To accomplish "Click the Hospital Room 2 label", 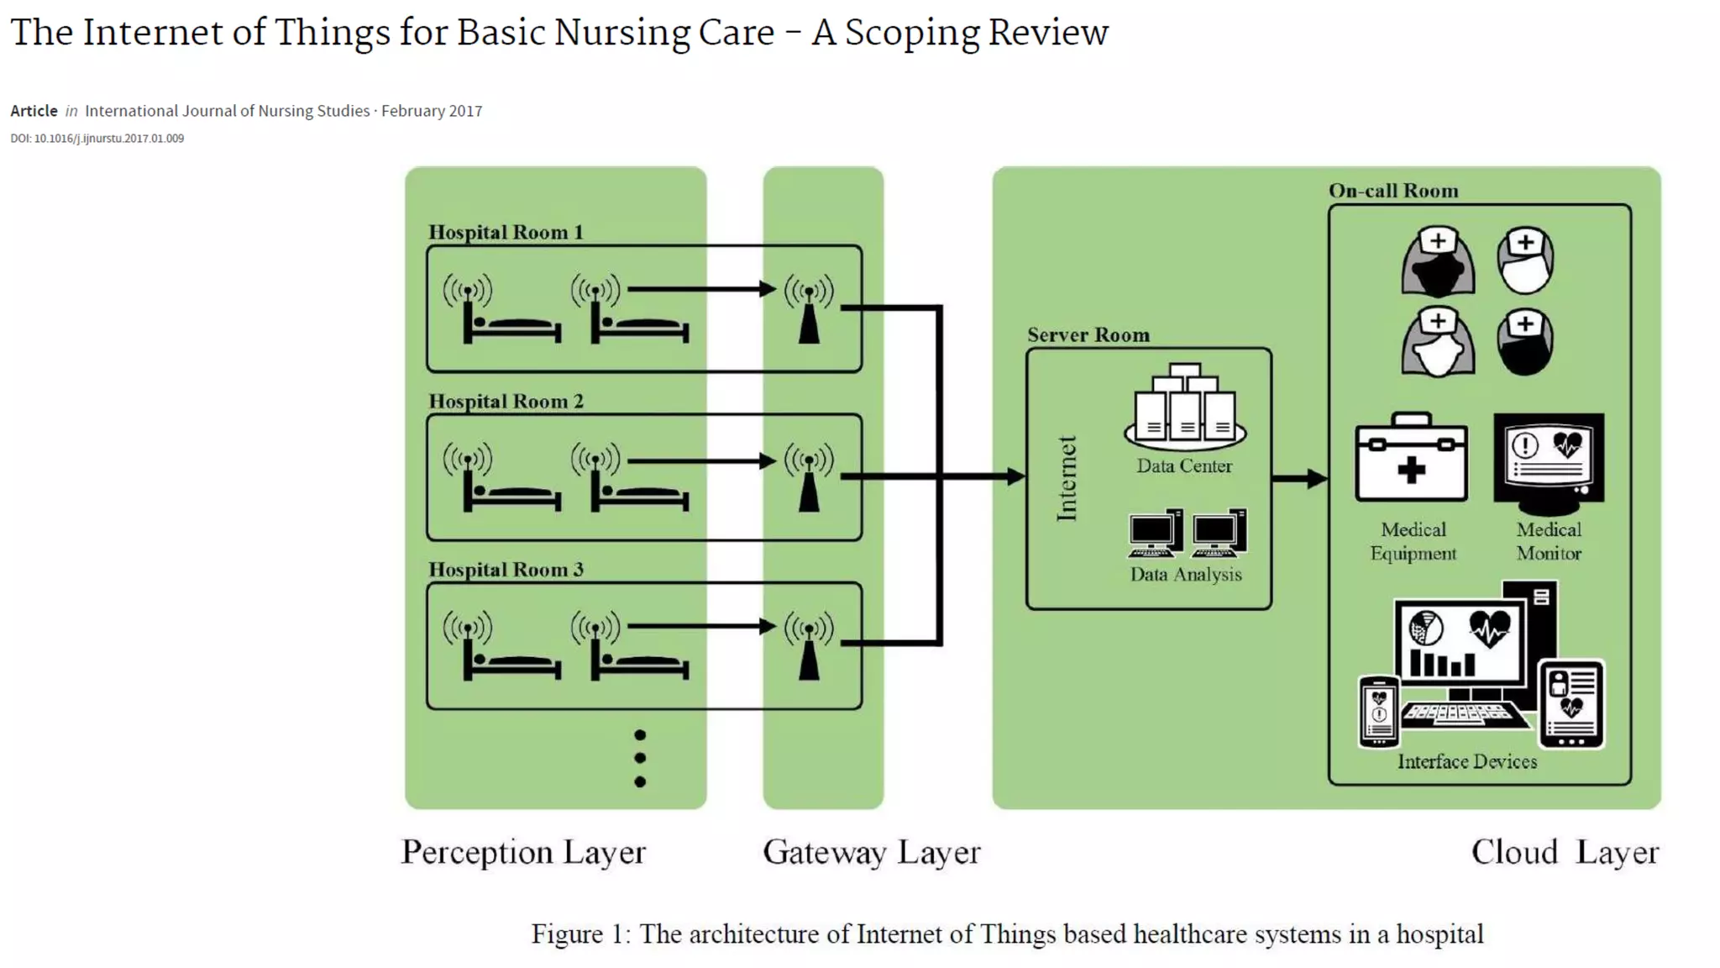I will point(506,402).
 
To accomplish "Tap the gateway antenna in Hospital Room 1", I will point(809,311).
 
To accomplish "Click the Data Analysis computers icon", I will point(1187,533).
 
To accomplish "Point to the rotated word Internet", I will point(1067,479).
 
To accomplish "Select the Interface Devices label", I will point(1466,762).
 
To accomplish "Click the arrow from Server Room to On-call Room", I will point(1299,479).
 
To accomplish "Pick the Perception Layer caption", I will point(523,853).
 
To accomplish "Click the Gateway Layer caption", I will point(871,853).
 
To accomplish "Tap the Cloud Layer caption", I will point(1564,853).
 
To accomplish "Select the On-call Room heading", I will point(1392,191).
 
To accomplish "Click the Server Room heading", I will point(1088,335).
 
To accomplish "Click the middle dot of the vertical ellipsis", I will point(640,758).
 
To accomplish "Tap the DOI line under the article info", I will point(97,139).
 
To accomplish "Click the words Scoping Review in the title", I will point(976,34).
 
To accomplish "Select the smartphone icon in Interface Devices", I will point(1378,711).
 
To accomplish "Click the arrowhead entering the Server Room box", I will point(1015,476).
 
